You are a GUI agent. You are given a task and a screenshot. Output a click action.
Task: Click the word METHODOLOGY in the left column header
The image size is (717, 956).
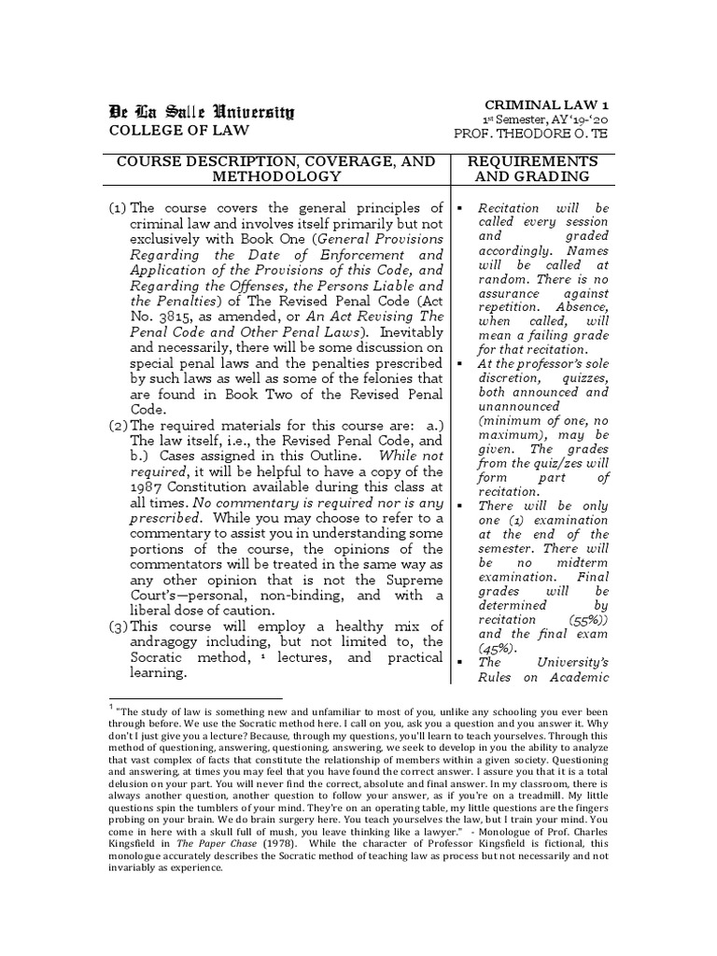coord(275,176)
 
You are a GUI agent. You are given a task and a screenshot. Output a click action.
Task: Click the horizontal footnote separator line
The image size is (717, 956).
coord(195,697)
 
